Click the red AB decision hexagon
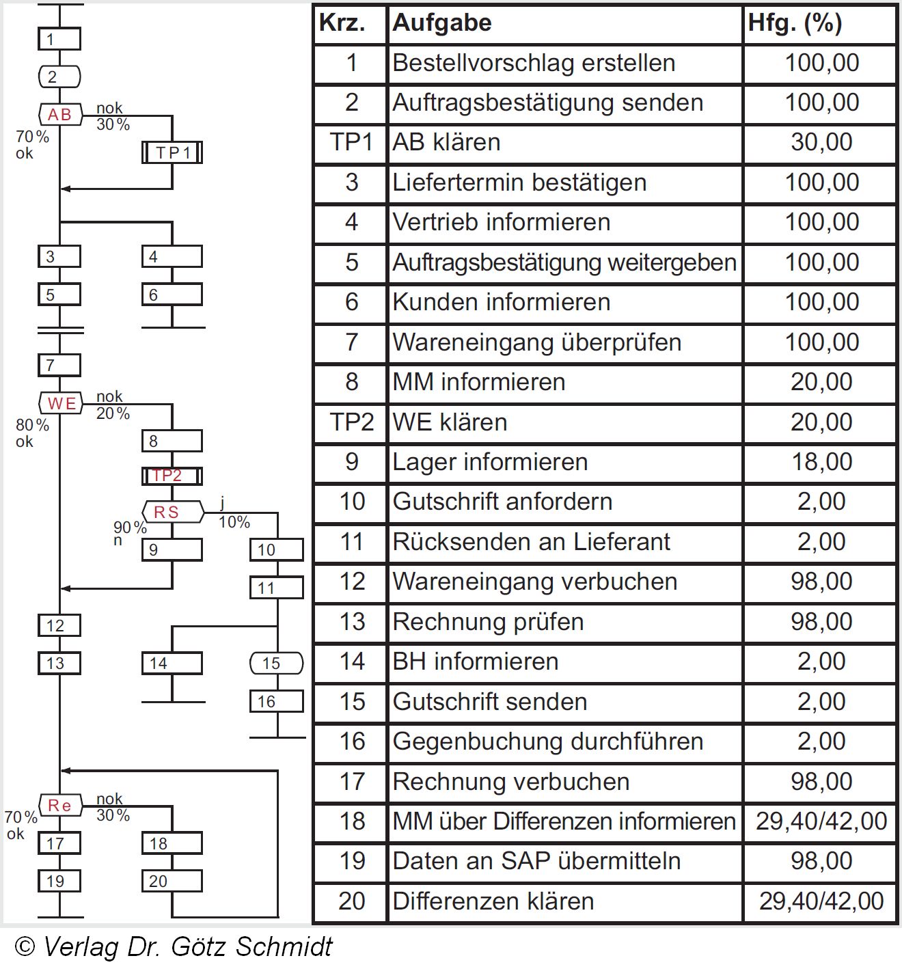(60, 115)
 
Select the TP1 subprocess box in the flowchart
(172, 152)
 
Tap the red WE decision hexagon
(61, 403)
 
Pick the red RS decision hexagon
(173, 512)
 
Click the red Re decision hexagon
(60, 806)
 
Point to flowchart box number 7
(59, 365)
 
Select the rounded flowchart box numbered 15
(276, 663)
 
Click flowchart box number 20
(172, 881)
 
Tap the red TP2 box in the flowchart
(172, 476)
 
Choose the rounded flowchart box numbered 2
(59, 77)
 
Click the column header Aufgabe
(442, 23)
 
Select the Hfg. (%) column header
(795, 23)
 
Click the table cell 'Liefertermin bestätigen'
(519, 182)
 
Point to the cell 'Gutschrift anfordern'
(502, 502)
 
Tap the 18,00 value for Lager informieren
(821, 462)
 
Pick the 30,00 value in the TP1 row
(821, 142)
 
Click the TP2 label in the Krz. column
(351, 422)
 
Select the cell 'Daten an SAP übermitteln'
(536, 861)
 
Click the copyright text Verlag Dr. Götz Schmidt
(174, 947)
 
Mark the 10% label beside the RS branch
(234, 522)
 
